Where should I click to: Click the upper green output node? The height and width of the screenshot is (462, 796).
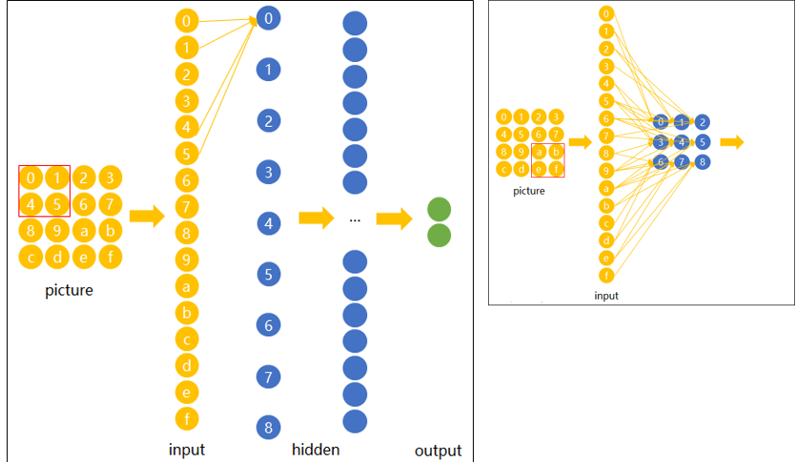click(x=439, y=209)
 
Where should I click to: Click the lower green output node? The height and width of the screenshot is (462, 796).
click(x=439, y=235)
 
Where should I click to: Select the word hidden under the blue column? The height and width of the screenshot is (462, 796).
click(x=315, y=450)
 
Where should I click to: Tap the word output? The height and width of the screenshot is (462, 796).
click(x=438, y=451)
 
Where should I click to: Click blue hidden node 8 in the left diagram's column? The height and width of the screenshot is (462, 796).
click(x=269, y=428)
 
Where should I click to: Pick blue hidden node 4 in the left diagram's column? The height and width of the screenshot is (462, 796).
click(x=269, y=224)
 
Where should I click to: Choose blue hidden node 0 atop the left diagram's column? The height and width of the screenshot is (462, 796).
click(x=269, y=18)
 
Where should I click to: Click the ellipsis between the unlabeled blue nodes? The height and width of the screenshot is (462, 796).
click(x=355, y=220)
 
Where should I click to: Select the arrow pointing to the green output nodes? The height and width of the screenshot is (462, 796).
click(x=394, y=220)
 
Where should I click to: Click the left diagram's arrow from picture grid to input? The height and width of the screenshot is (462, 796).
click(x=146, y=216)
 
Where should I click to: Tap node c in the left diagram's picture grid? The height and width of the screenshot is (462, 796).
click(x=31, y=256)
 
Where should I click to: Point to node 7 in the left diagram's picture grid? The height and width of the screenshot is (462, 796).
click(x=112, y=203)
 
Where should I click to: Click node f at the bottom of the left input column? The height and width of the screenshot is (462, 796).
click(x=188, y=417)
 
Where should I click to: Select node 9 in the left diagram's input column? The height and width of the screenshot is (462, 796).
click(x=188, y=259)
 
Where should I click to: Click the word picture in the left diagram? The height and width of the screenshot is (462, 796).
click(x=70, y=290)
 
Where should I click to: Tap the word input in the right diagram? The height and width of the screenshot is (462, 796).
click(x=606, y=296)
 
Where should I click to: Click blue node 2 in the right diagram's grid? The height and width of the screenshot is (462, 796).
click(x=703, y=122)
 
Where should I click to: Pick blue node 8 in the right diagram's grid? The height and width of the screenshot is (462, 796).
click(x=703, y=162)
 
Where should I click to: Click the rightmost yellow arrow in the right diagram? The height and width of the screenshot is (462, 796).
click(x=732, y=142)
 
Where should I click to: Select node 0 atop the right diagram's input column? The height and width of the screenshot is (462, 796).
click(x=605, y=14)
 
